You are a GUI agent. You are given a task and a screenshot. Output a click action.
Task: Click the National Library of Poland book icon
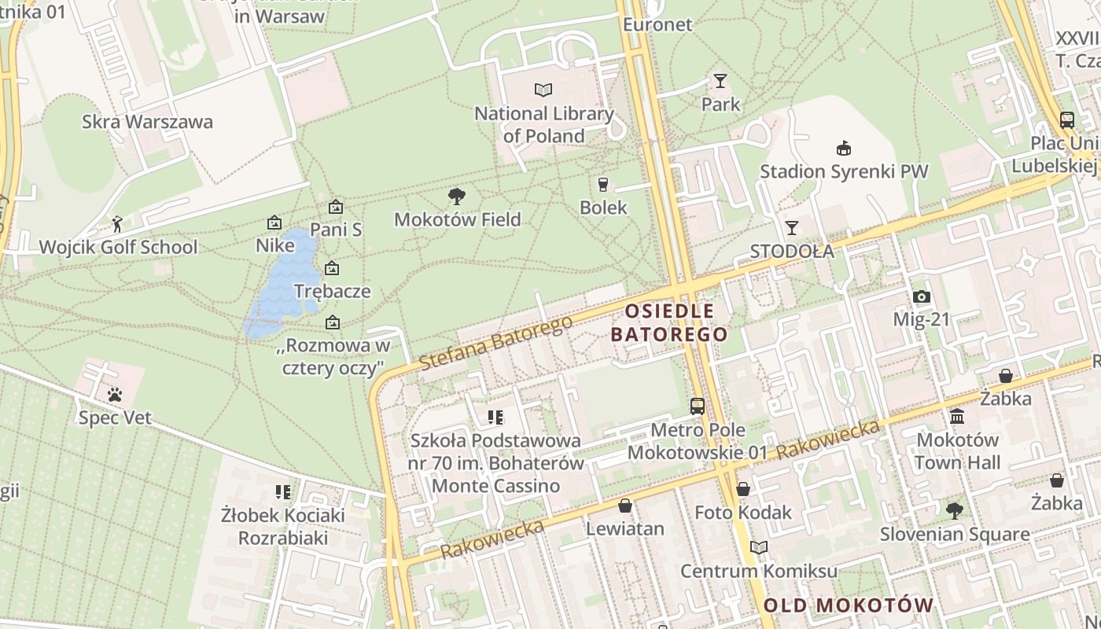pos(543,90)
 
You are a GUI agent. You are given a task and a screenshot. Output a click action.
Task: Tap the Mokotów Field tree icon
pos(456,196)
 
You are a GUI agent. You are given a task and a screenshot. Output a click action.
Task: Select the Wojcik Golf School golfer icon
pos(117,224)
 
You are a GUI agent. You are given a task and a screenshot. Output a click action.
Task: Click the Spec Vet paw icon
pos(115,394)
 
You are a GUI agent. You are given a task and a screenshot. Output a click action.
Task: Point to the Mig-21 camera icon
pos(922,296)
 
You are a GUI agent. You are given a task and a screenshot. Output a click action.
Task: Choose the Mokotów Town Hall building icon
pos(957,416)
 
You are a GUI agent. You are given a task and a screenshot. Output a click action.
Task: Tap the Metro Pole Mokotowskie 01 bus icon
pos(698,406)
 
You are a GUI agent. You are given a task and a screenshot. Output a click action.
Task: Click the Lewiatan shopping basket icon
pos(625,505)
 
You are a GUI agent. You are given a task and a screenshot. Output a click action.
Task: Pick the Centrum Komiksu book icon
pos(759,547)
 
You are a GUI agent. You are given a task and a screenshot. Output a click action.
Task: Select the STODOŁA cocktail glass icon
pos(792,228)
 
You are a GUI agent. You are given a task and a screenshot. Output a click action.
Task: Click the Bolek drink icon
pos(603,184)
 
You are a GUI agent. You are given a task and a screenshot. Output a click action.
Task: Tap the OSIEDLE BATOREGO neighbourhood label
pos(669,322)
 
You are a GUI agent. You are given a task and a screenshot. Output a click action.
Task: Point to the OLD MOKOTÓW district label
pos(849,605)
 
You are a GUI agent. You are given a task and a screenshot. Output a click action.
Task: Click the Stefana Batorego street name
pos(495,343)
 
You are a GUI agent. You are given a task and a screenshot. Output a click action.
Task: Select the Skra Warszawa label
pos(147,122)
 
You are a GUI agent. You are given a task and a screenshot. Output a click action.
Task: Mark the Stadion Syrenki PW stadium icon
pos(844,148)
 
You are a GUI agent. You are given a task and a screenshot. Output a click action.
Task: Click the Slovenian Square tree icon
pos(954,511)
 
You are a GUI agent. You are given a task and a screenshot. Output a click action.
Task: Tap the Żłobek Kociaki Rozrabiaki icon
pos(283,492)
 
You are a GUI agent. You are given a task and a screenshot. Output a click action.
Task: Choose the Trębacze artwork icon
pos(332,268)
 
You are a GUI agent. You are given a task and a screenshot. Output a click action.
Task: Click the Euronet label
pos(657,24)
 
